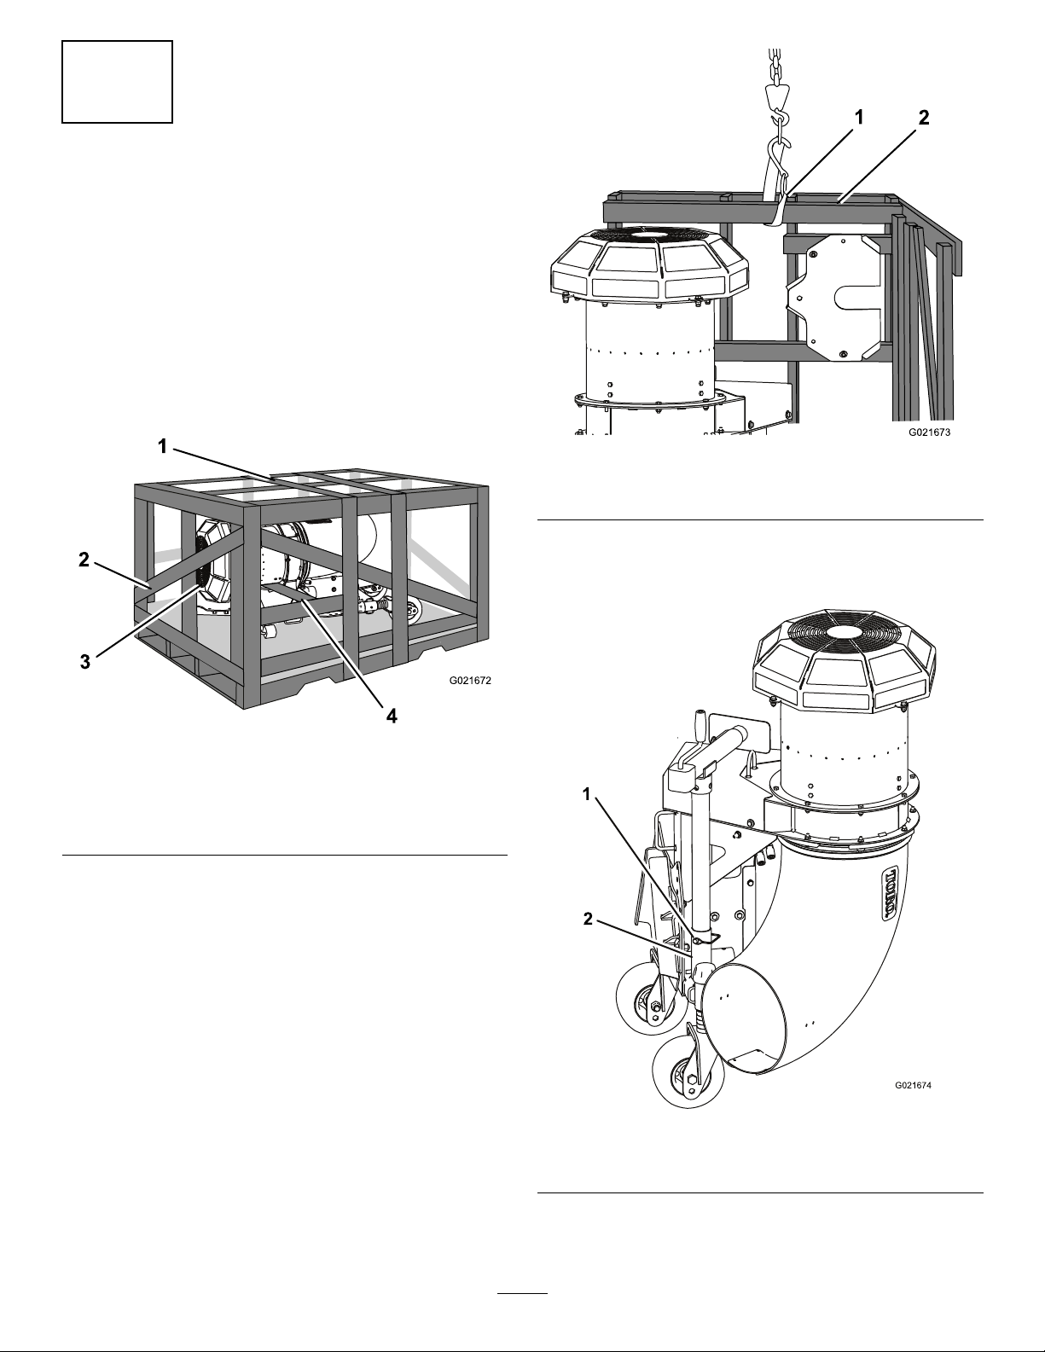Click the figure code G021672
coord(470,681)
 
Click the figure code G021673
coord(929,432)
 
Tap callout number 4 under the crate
coord(391,717)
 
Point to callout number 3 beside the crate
coord(85,661)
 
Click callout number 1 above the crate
coord(162,446)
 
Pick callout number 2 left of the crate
coord(84,560)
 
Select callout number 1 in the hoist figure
coord(859,117)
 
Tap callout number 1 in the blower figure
coord(587,794)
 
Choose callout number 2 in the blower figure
coord(588,919)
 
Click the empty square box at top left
coord(117,82)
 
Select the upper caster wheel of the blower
coord(644,1001)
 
